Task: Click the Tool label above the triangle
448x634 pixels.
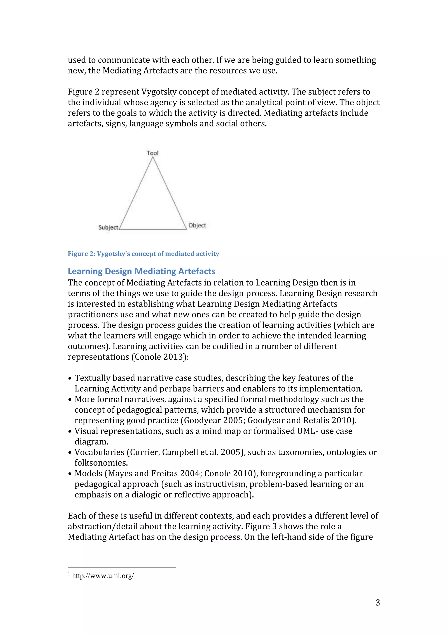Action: tap(152, 153)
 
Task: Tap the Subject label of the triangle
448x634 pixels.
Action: tap(108, 227)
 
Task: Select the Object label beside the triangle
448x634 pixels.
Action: tap(197, 225)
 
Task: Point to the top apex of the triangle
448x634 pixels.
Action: tap(153, 157)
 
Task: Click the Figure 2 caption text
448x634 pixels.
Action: tap(143, 254)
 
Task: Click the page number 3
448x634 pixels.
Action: tap(378, 602)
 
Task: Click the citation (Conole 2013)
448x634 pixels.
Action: tap(160, 357)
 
